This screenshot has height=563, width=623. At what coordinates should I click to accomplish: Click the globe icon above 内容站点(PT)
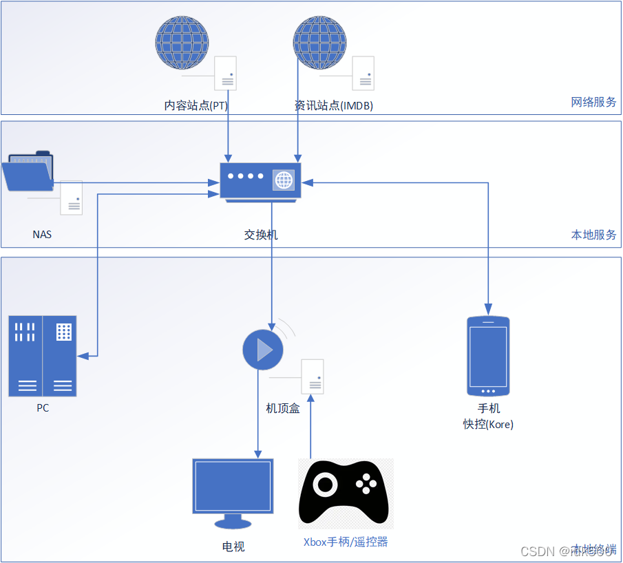181,43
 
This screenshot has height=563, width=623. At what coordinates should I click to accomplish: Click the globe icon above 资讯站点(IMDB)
319,43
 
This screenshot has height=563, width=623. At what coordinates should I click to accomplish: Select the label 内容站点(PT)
196,106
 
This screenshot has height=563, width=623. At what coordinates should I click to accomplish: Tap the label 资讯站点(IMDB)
333,106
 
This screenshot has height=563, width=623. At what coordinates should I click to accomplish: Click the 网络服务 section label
593,102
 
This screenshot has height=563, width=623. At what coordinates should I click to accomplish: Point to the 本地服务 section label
593,234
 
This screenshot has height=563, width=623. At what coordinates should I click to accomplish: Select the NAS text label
42,234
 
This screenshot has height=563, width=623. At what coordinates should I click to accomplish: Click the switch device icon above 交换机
260,181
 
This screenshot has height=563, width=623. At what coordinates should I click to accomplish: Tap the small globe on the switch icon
284,180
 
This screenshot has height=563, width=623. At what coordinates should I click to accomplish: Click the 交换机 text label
261,235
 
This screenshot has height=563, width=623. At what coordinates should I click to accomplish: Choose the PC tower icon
43,356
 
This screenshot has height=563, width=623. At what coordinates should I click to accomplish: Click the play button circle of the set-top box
263,350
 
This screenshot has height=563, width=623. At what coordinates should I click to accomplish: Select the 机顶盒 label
283,408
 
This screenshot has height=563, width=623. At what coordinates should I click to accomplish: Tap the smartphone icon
488,356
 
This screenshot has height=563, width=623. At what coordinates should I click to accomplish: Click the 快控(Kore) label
488,425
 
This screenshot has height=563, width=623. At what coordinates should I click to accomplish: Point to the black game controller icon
344,493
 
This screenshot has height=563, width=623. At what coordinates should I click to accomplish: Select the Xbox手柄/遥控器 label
346,542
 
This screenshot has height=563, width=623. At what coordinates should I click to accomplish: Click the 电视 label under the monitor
233,546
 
